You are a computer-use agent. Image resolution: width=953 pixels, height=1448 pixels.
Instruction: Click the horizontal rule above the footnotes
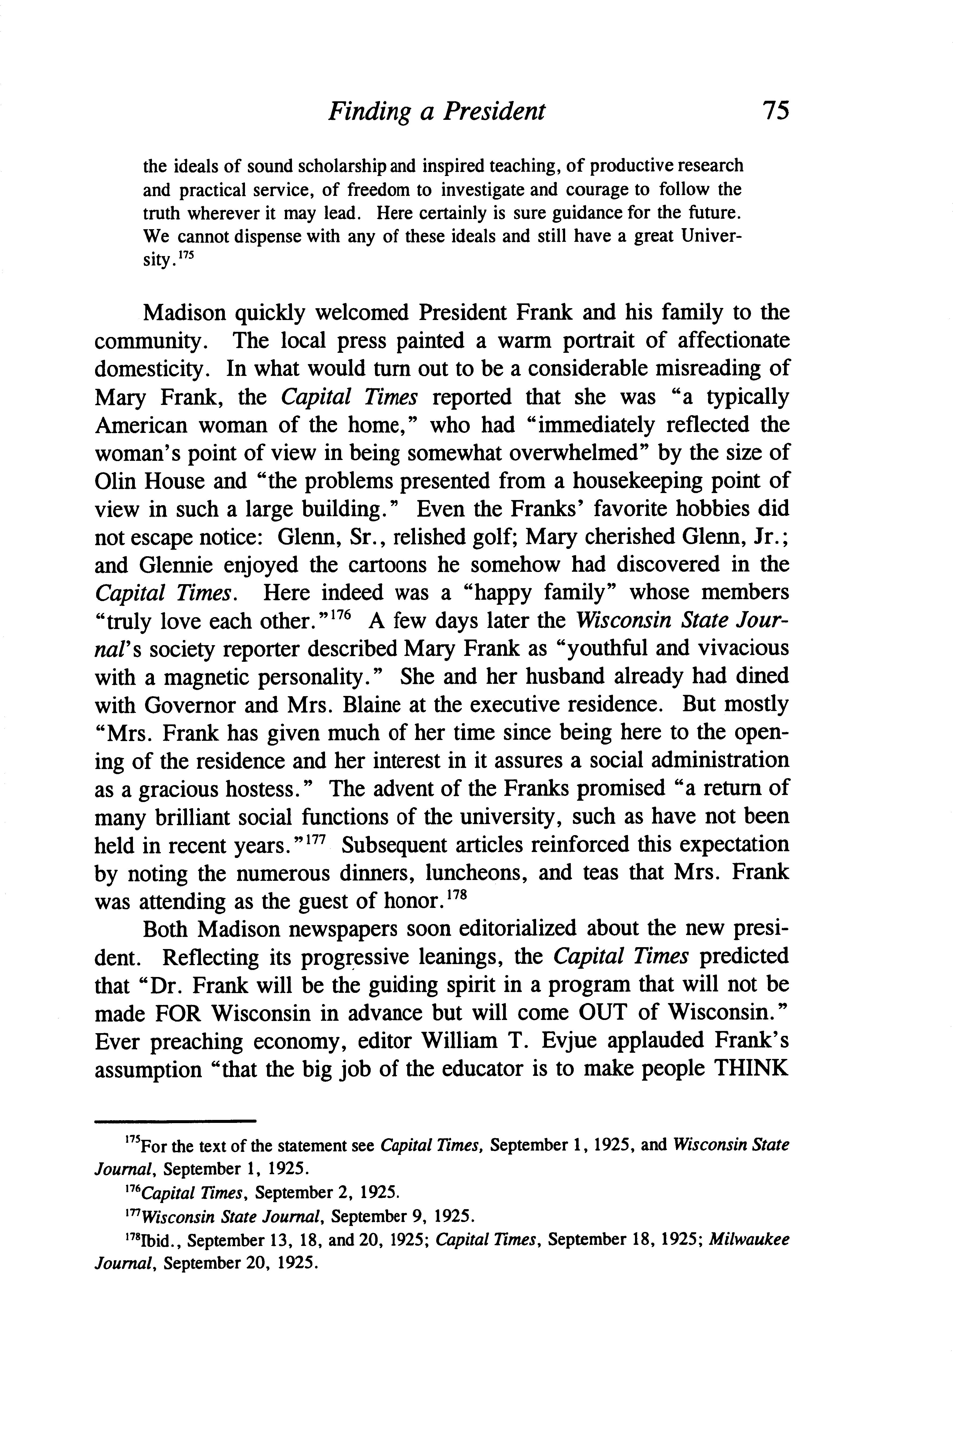coord(175,1121)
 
